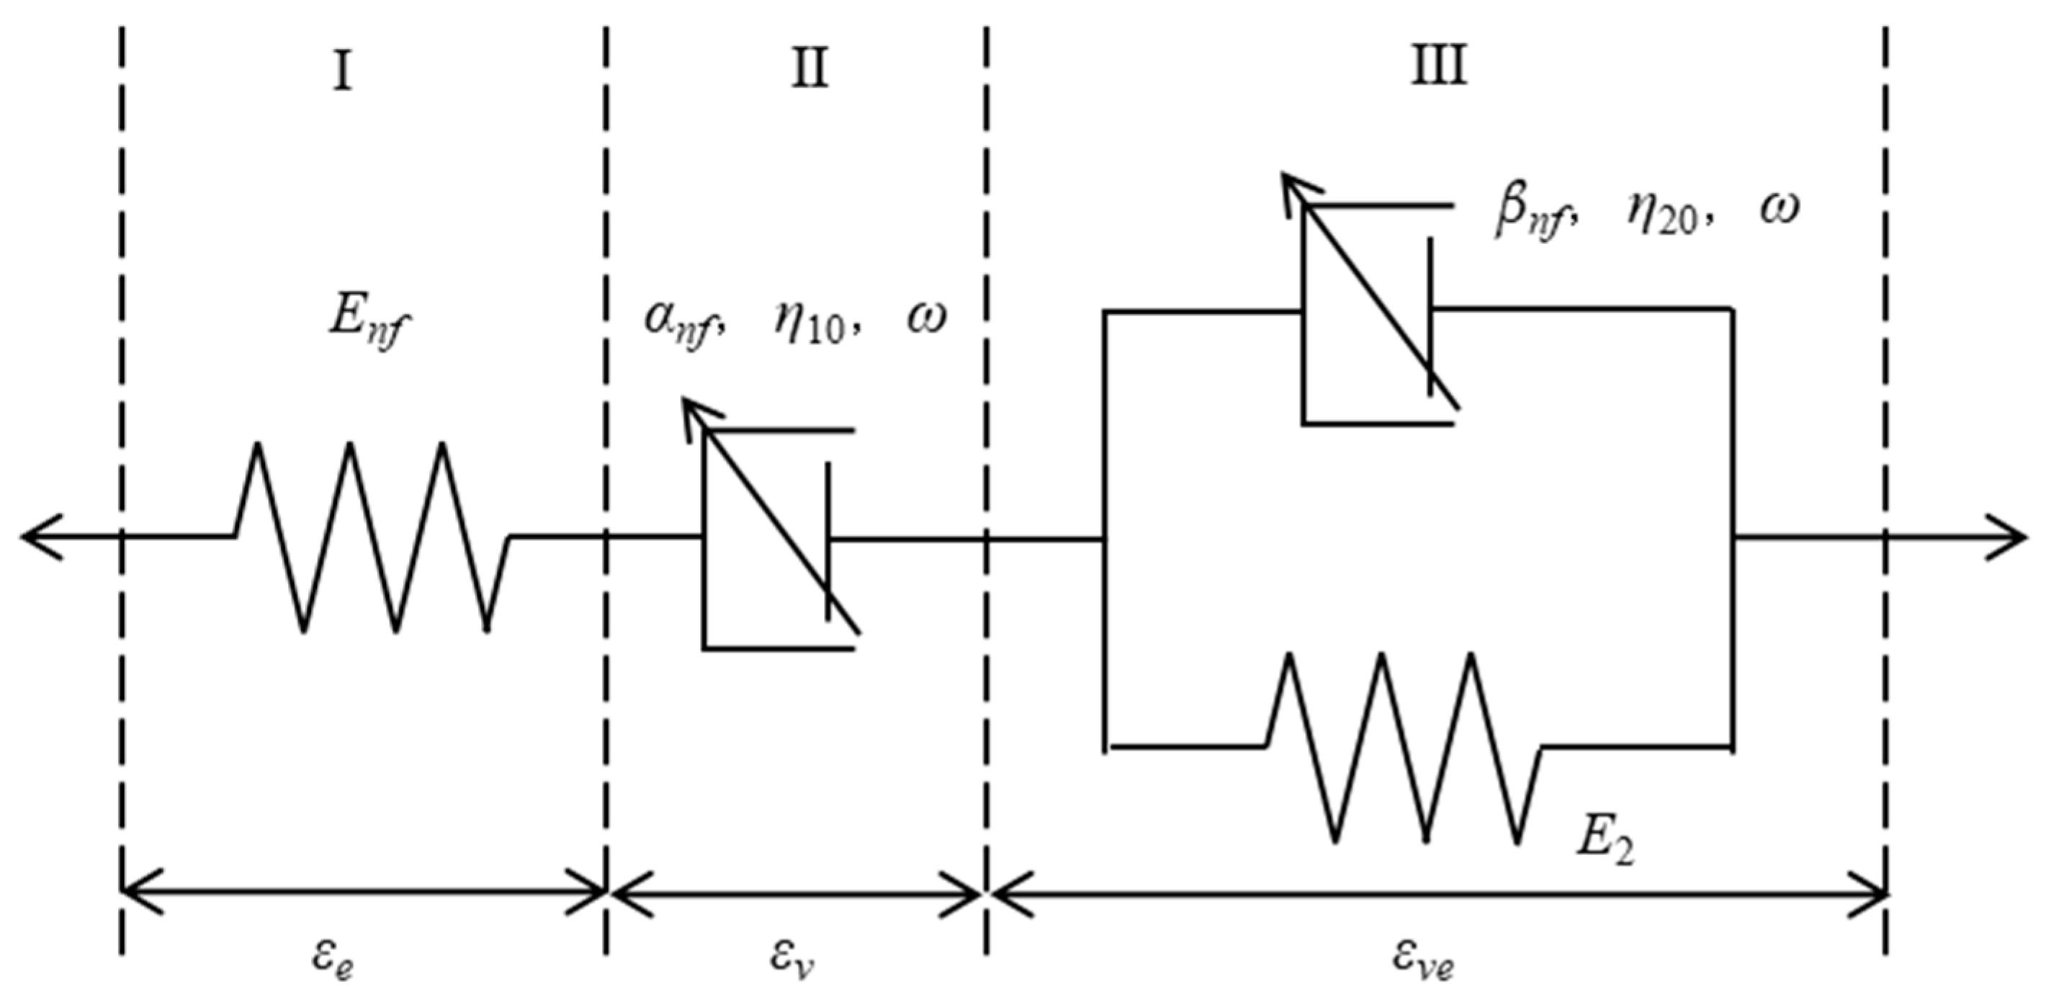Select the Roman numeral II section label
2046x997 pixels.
[810, 69]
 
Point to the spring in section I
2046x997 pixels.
[372, 537]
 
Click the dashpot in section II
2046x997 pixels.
[779, 539]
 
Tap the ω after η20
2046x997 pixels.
[1778, 208]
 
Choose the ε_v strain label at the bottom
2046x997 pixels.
[792, 959]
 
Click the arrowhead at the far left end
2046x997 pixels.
[40, 537]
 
